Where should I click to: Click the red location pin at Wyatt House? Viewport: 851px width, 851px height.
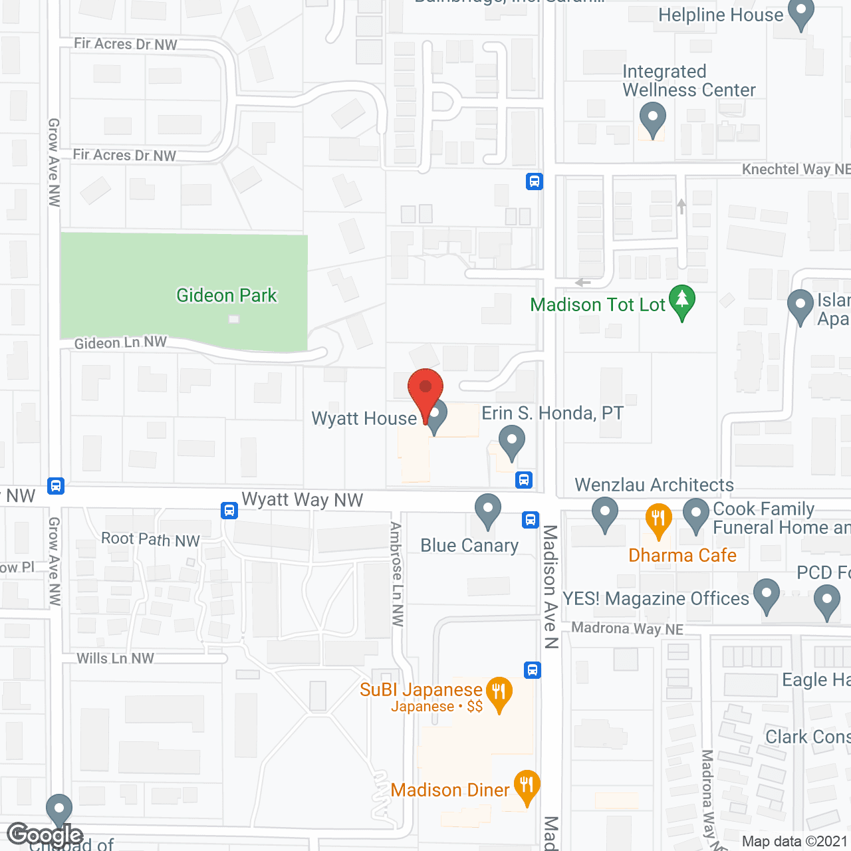pos(425,390)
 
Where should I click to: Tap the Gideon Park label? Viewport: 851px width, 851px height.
pos(226,295)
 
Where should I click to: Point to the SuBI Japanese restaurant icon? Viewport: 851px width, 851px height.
pos(499,693)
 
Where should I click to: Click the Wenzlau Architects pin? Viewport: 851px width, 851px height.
pos(605,514)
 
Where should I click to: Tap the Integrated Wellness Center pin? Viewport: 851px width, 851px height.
pos(652,119)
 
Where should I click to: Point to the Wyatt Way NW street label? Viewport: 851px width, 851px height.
pos(303,500)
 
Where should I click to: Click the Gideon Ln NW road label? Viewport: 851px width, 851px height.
pos(120,343)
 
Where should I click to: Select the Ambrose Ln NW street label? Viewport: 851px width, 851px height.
pos(397,574)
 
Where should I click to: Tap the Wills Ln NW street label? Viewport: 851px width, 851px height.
pos(115,658)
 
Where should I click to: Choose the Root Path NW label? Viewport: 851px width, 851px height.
pos(150,539)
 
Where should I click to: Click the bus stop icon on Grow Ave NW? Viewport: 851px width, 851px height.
pos(56,485)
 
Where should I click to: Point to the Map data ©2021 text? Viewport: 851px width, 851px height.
pos(794,841)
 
